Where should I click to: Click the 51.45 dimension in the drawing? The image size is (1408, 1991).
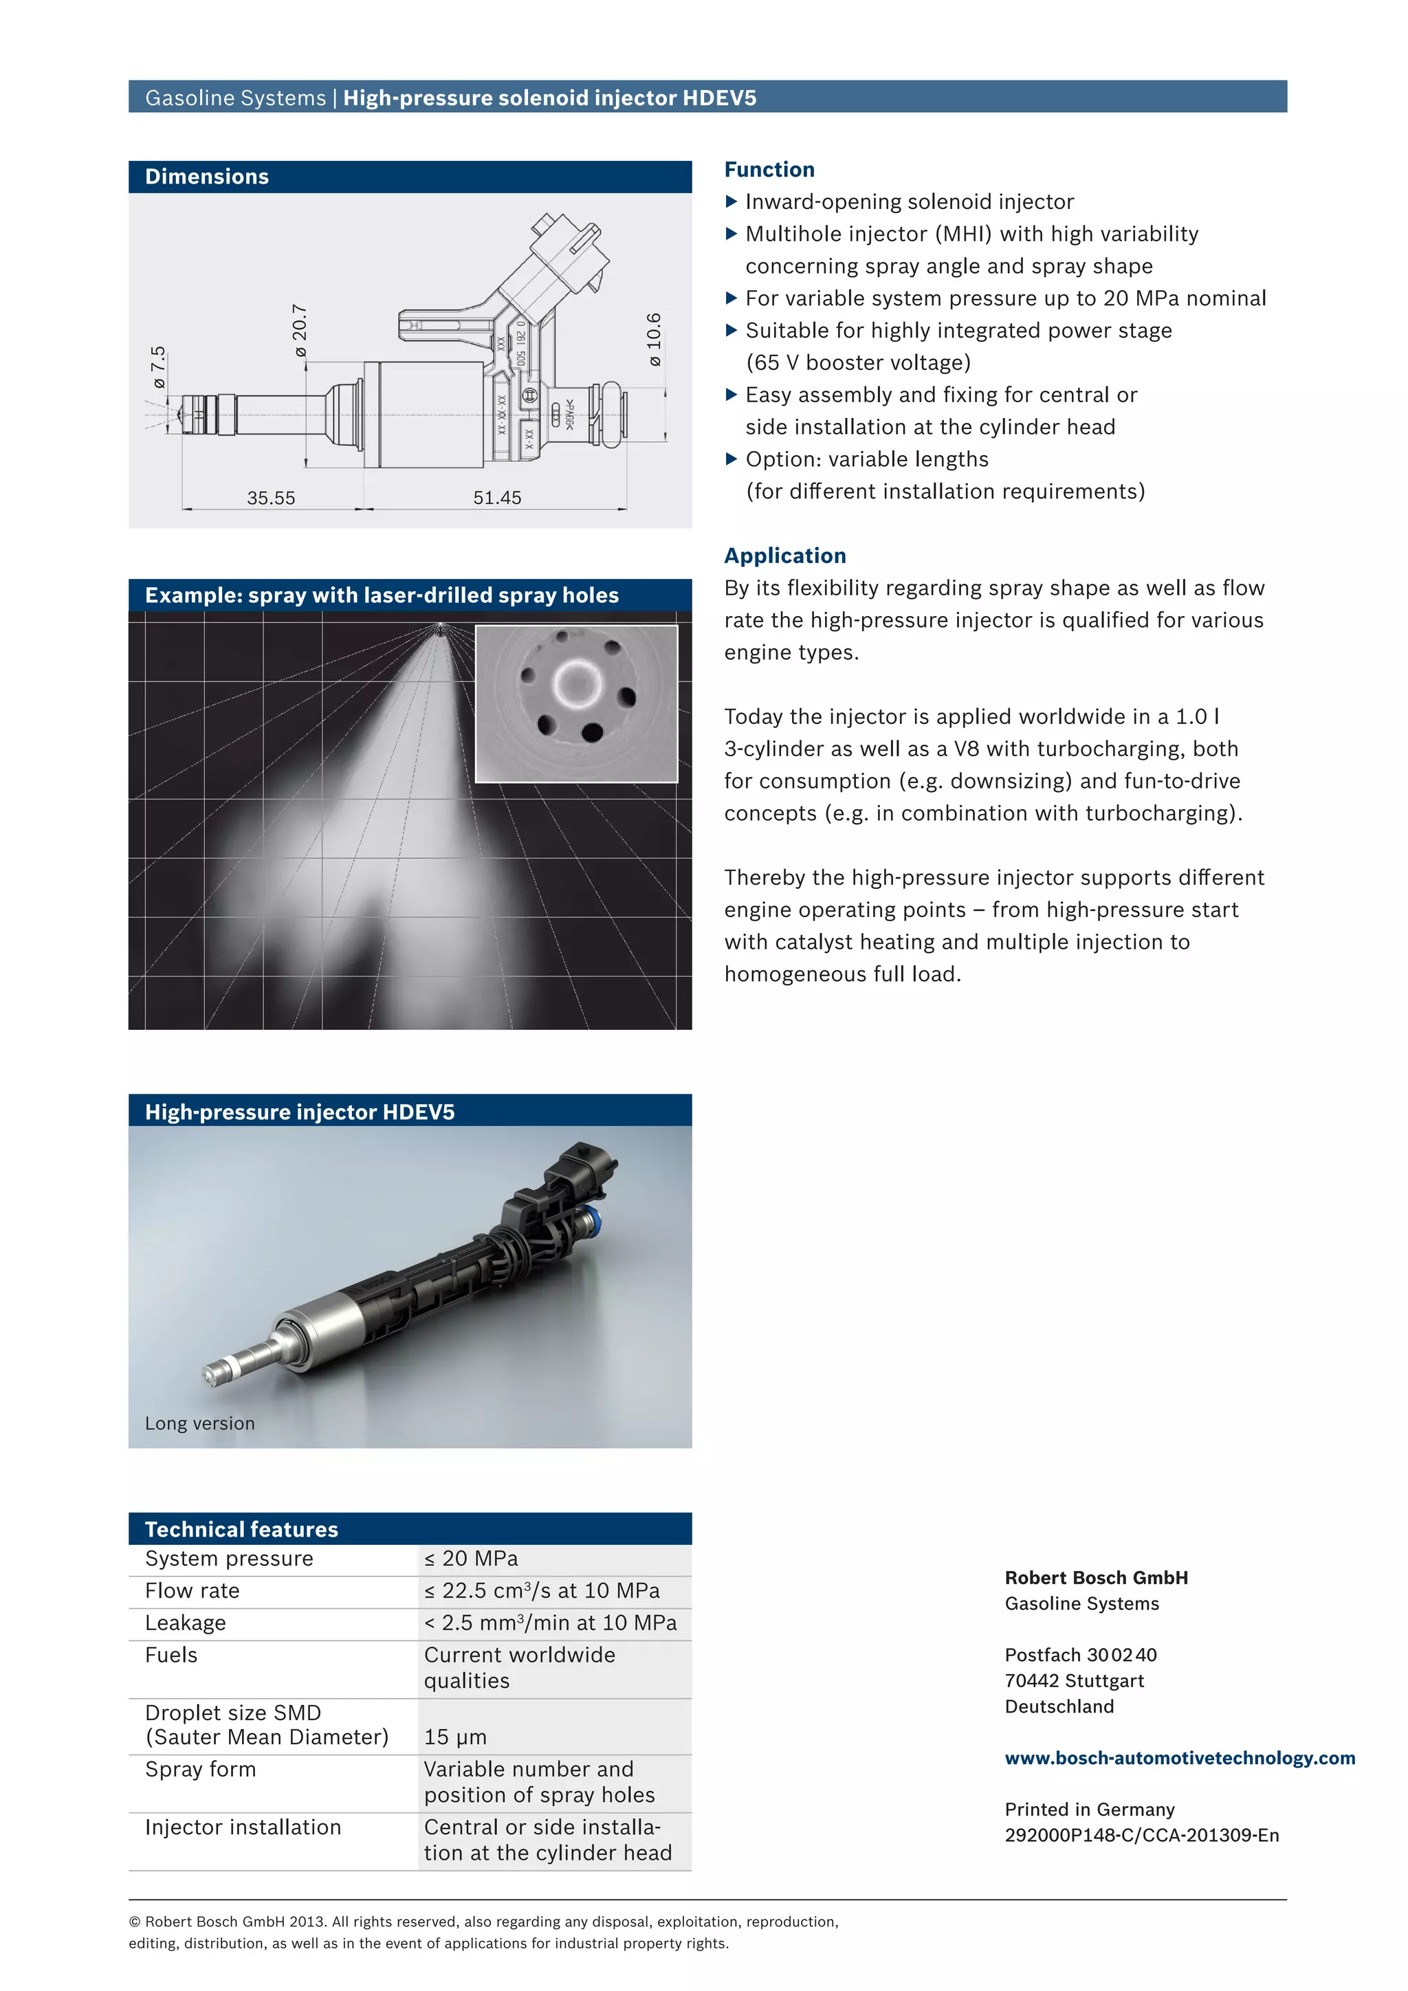tap(497, 498)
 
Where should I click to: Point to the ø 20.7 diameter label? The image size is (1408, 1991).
tap(300, 331)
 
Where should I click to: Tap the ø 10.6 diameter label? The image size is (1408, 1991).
tap(654, 339)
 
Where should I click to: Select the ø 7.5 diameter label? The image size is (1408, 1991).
tap(158, 367)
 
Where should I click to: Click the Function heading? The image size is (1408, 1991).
tap(769, 169)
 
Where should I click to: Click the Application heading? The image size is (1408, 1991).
tap(784, 556)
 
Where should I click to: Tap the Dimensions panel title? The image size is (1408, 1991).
tap(206, 177)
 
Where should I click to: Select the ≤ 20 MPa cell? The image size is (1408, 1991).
tap(471, 1559)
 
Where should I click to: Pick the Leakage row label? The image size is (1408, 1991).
tap(186, 1622)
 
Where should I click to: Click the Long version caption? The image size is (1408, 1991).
tap(199, 1423)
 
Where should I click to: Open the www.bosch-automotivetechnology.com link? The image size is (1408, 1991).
tap(1179, 1758)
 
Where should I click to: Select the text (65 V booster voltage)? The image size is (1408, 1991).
tap(857, 362)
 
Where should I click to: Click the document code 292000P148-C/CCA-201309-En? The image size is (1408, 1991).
tap(1141, 1835)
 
